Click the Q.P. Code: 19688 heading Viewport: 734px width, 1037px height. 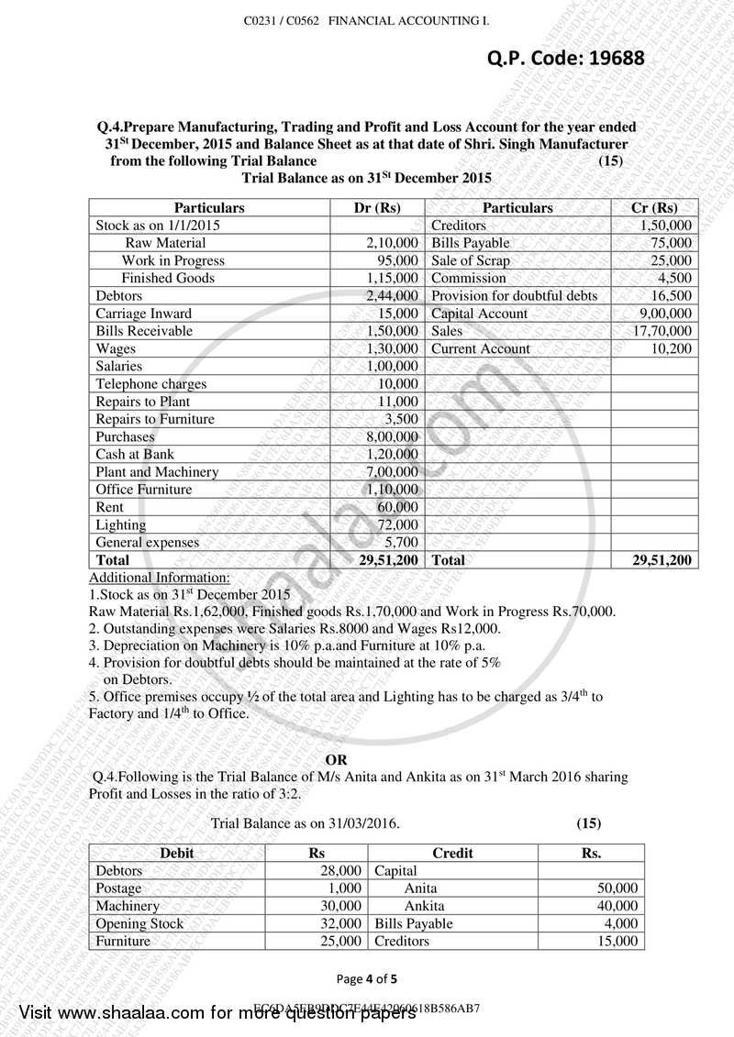click(x=565, y=59)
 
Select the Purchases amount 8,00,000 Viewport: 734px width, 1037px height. click(x=392, y=436)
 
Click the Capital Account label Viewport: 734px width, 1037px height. click(x=479, y=314)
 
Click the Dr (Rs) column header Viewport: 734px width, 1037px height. click(x=376, y=207)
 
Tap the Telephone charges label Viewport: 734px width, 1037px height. click(x=151, y=384)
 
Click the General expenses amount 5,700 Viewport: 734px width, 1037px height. click(x=401, y=542)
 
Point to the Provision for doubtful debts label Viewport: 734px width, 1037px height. click(x=514, y=295)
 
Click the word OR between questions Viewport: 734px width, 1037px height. click(x=337, y=759)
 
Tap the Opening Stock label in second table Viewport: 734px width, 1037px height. click(x=139, y=923)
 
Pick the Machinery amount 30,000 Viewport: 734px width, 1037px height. click(x=342, y=906)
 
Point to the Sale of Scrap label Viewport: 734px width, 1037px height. click(x=470, y=260)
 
